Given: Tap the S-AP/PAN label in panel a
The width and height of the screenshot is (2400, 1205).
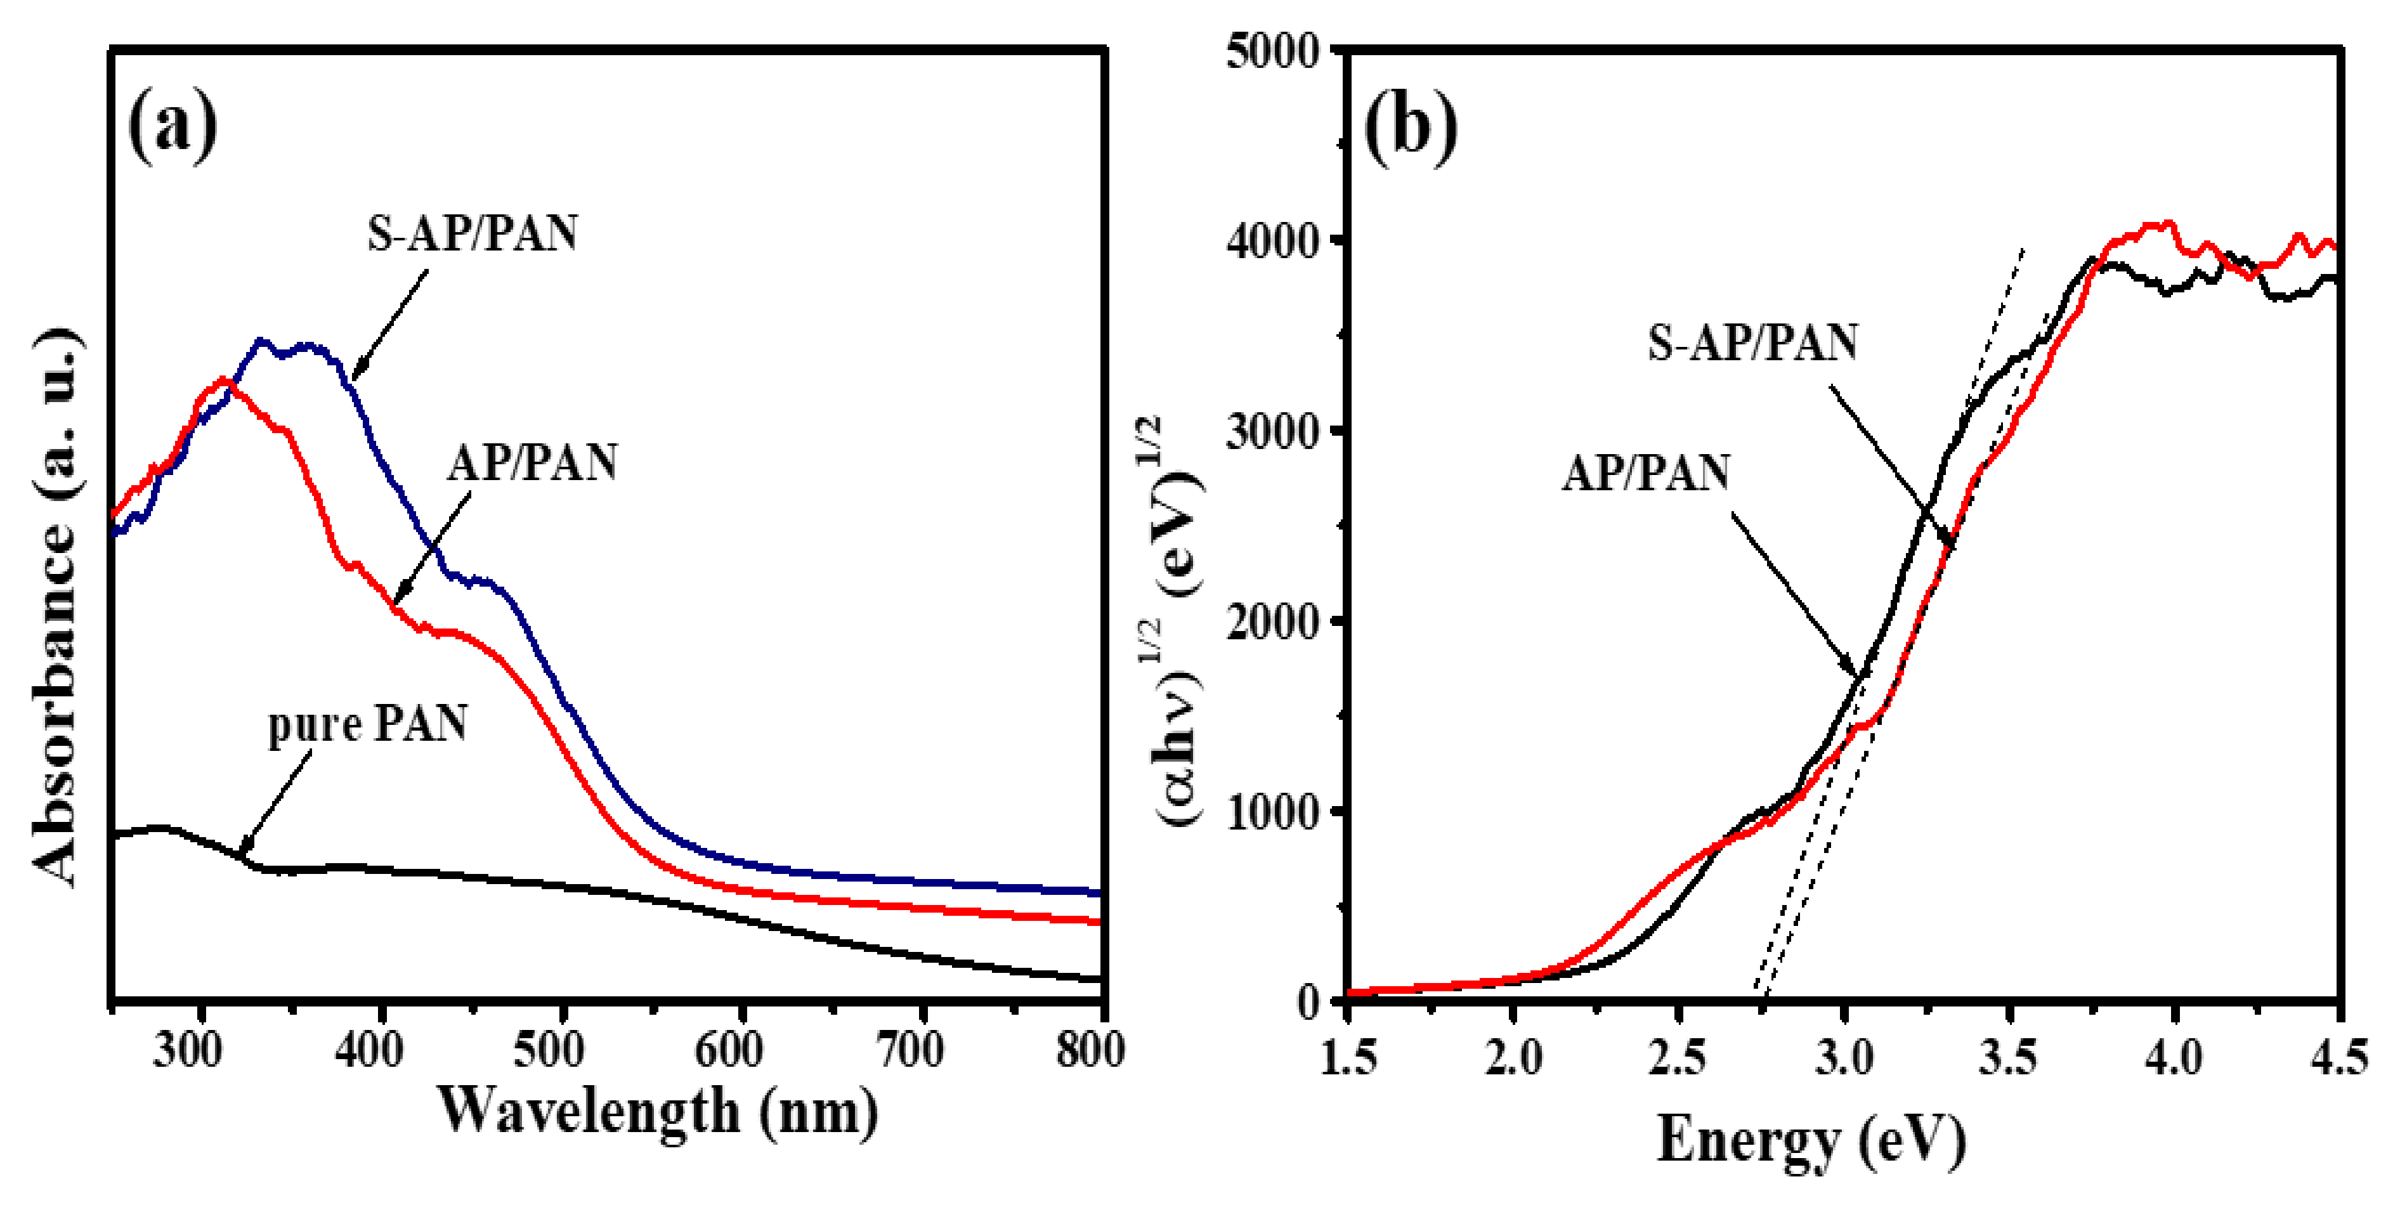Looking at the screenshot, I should [x=473, y=233].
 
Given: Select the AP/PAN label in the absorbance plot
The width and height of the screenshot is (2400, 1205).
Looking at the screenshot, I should [x=532, y=462].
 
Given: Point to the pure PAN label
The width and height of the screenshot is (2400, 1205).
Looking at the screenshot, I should [x=367, y=724].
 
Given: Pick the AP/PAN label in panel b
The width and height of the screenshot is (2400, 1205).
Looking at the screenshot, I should [x=1647, y=472].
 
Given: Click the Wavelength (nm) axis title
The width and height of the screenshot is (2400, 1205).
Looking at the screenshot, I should [x=658, y=1112].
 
